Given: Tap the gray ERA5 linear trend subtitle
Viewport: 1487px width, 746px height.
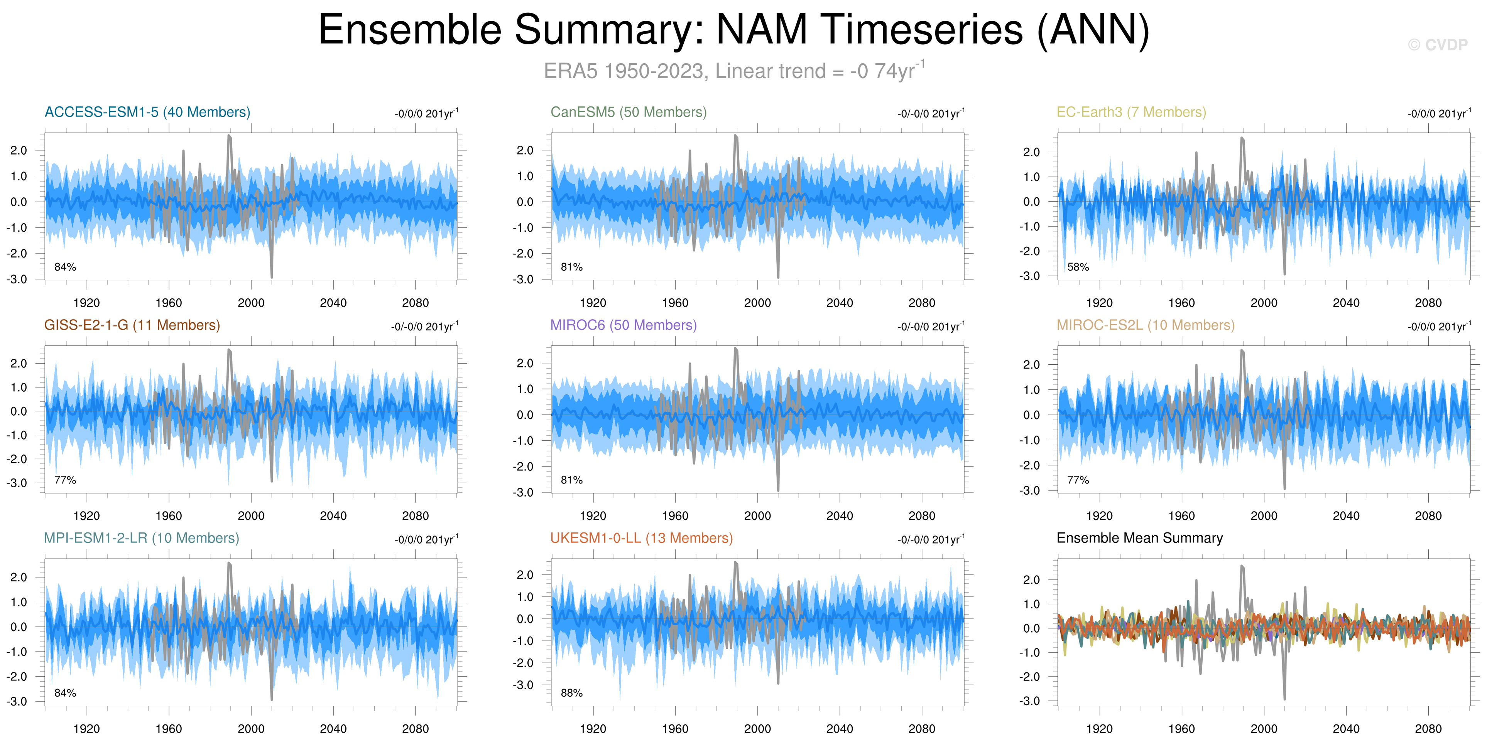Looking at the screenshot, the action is click(x=734, y=71).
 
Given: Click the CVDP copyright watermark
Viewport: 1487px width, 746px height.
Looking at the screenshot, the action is click(x=1437, y=45).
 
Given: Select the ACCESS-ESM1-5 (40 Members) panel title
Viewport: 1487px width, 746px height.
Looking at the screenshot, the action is click(x=147, y=112).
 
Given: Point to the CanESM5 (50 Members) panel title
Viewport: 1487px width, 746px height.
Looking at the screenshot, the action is click(x=629, y=112).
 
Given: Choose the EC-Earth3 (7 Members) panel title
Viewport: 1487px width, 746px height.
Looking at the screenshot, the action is click(x=1131, y=112).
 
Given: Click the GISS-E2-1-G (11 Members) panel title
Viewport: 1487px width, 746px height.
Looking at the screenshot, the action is click(x=132, y=325).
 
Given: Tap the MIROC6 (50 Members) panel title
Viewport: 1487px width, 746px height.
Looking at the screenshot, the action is click(x=624, y=325).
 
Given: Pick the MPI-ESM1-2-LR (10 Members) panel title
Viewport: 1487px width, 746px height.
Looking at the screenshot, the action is click(x=142, y=538).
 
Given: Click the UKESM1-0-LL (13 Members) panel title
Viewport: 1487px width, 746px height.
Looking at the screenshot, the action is click(x=641, y=538).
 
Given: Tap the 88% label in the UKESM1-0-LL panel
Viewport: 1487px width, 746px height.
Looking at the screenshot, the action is click(x=571, y=693).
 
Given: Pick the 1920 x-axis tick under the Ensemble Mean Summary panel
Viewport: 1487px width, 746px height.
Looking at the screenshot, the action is click(x=1099, y=729).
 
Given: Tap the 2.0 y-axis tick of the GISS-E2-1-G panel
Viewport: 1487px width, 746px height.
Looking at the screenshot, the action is click(x=19, y=364).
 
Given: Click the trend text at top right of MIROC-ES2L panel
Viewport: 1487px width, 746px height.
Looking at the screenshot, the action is click(x=1439, y=326).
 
